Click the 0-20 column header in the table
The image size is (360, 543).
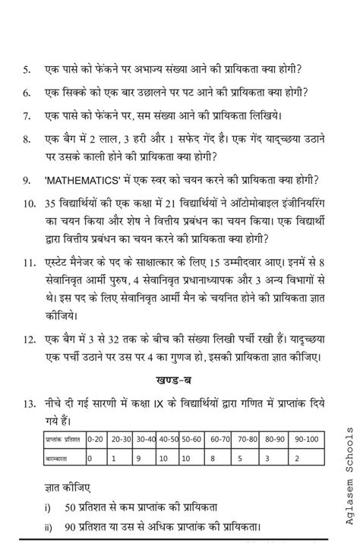click(x=95, y=438)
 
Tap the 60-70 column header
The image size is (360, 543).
click(x=220, y=438)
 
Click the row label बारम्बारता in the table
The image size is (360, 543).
click(x=58, y=459)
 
